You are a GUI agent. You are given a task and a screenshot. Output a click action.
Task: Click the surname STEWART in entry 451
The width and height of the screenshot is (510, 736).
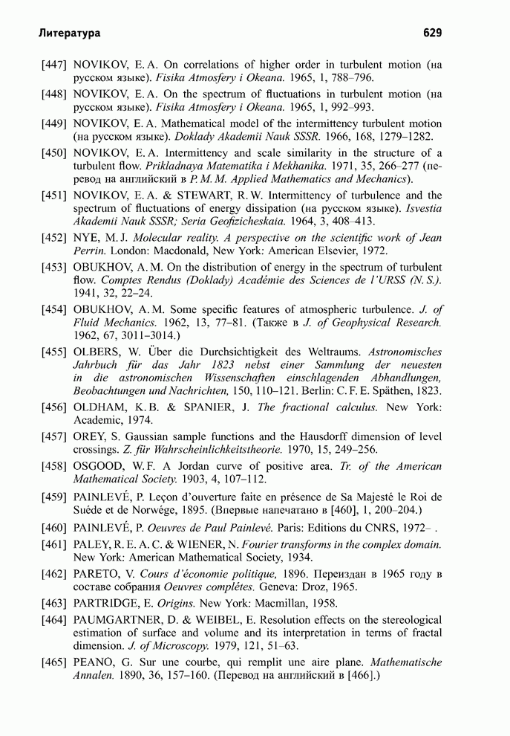(x=203, y=196)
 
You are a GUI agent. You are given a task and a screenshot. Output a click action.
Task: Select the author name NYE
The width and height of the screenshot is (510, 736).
(x=86, y=238)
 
